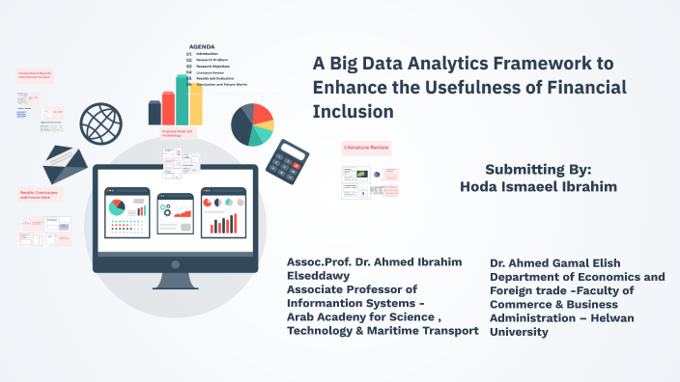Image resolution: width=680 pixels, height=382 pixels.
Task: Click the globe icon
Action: point(100,124)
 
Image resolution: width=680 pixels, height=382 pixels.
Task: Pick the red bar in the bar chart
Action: point(169,107)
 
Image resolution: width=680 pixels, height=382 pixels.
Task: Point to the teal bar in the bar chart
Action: point(183,99)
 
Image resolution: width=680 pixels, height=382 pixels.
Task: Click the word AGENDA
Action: point(202,46)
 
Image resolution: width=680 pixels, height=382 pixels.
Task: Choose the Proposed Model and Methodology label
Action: point(178,133)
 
